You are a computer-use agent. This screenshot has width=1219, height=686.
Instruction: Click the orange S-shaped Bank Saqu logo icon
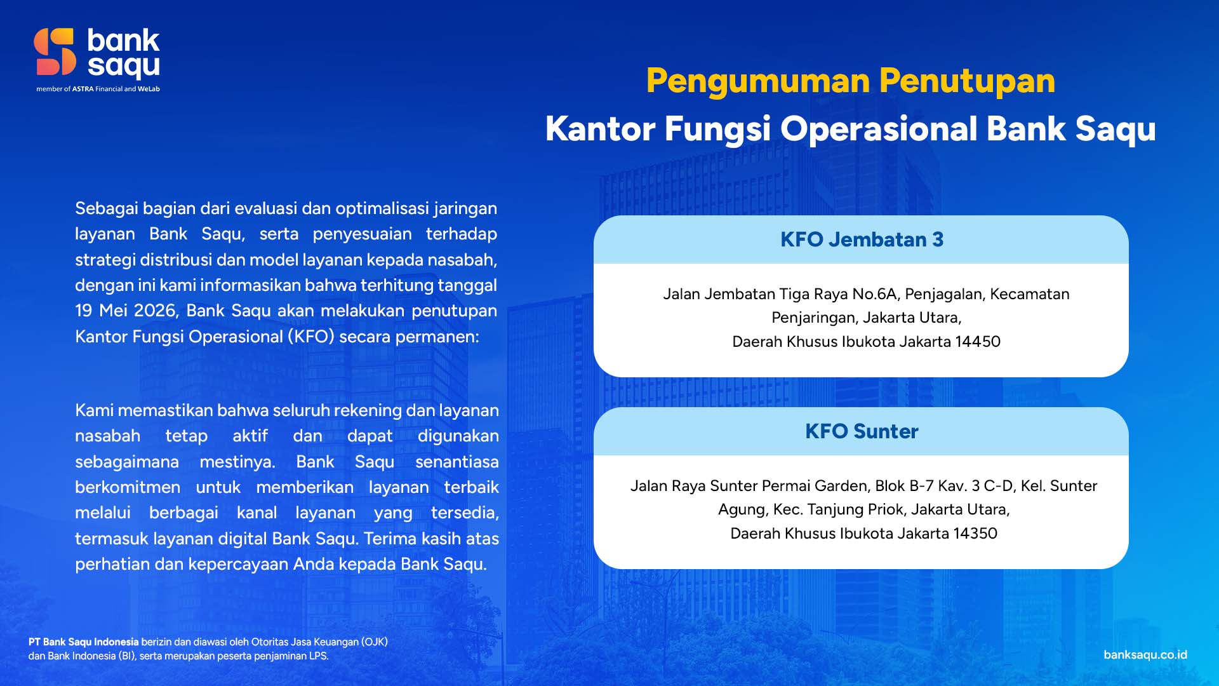tap(55, 52)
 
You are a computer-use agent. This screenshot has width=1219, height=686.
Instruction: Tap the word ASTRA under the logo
tap(83, 90)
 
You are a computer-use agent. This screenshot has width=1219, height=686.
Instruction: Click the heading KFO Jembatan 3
tap(862, 239)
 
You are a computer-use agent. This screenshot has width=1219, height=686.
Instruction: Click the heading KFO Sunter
tap(862, 431)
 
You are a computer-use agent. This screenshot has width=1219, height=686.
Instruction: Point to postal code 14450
tap(978, 342)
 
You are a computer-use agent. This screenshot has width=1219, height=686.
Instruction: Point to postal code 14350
tap(975, 534)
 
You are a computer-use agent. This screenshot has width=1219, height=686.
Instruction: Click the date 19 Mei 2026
tap(125, 311)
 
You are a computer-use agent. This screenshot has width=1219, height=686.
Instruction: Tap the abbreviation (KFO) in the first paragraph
tap(310, 337)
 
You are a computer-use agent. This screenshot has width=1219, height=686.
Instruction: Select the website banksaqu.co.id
tap(1145, 655)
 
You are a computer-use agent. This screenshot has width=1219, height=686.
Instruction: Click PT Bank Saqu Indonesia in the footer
tap(83, 642)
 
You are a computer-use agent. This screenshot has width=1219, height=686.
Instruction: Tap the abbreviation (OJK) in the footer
tap(375, 642)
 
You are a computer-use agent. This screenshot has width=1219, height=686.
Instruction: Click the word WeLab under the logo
tap(149, 90)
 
